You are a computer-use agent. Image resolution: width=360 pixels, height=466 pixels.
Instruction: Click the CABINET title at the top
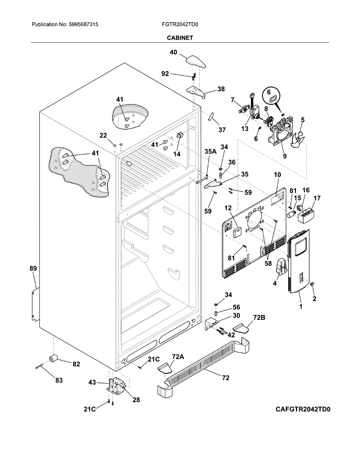[x=180, y=38]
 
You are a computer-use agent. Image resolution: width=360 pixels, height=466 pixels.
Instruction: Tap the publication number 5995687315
[x=83, y=24]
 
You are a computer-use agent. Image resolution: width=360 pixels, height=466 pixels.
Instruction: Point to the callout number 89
[x=33, y=268]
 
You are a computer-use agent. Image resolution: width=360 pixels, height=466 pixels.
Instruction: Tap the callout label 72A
[x=178, y=356]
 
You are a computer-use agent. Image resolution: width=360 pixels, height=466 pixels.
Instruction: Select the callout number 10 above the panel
[x=277, y=175]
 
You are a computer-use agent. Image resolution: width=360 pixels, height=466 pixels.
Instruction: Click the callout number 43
[x=92, y=383]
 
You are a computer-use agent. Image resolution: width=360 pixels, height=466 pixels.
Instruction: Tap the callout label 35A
[x=210, y=151]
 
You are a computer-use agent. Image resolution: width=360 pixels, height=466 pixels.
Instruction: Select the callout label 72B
[x=259, y=318]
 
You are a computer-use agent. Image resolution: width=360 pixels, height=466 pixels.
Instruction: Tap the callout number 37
[x=222, y=130]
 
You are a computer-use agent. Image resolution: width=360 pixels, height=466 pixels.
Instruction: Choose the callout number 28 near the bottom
[x=136, y=400]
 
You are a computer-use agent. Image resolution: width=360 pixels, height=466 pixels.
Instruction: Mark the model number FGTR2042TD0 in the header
[x=180, y=24]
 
